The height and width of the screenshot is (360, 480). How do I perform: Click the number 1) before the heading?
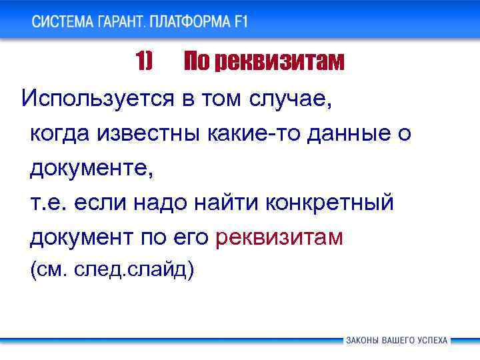(x=144, y=62)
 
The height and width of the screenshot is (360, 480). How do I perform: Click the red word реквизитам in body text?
(x=280, y=238)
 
